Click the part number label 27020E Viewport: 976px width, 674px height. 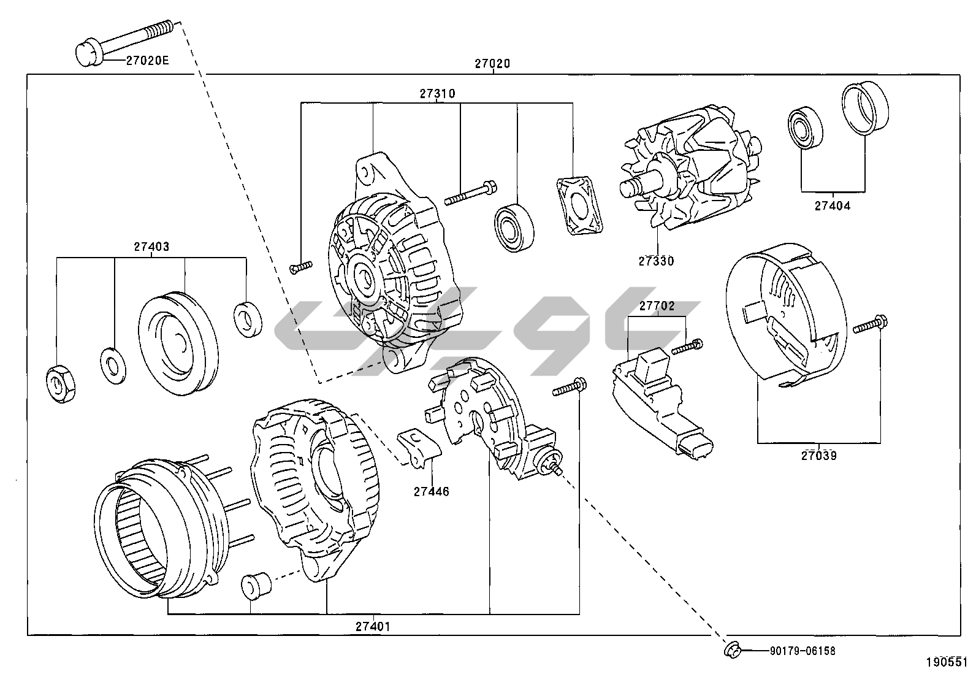147,60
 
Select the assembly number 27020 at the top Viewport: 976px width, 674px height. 492,63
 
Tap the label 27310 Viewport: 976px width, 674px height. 437,94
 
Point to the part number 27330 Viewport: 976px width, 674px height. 656,261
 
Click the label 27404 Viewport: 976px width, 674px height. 832,206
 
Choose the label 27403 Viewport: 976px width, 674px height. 151,247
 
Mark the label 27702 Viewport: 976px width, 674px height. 657,305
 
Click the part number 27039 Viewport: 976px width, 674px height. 818,455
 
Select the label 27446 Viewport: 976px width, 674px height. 431,491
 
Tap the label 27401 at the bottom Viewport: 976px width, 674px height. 372,626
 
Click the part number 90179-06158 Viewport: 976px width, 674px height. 803,651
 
